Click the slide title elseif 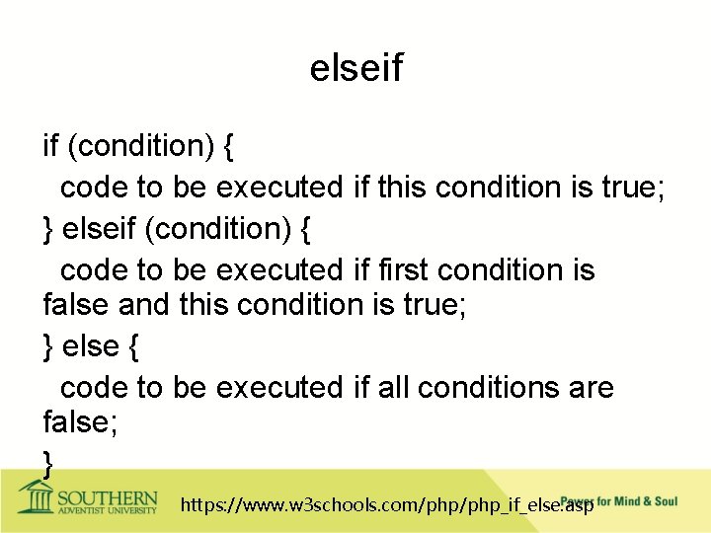point(355,68)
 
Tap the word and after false point(144,305)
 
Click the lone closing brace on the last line point(48,460)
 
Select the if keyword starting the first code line point(50,146)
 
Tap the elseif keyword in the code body point(99,228)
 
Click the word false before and point(76,305)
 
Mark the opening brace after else point(133,346)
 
